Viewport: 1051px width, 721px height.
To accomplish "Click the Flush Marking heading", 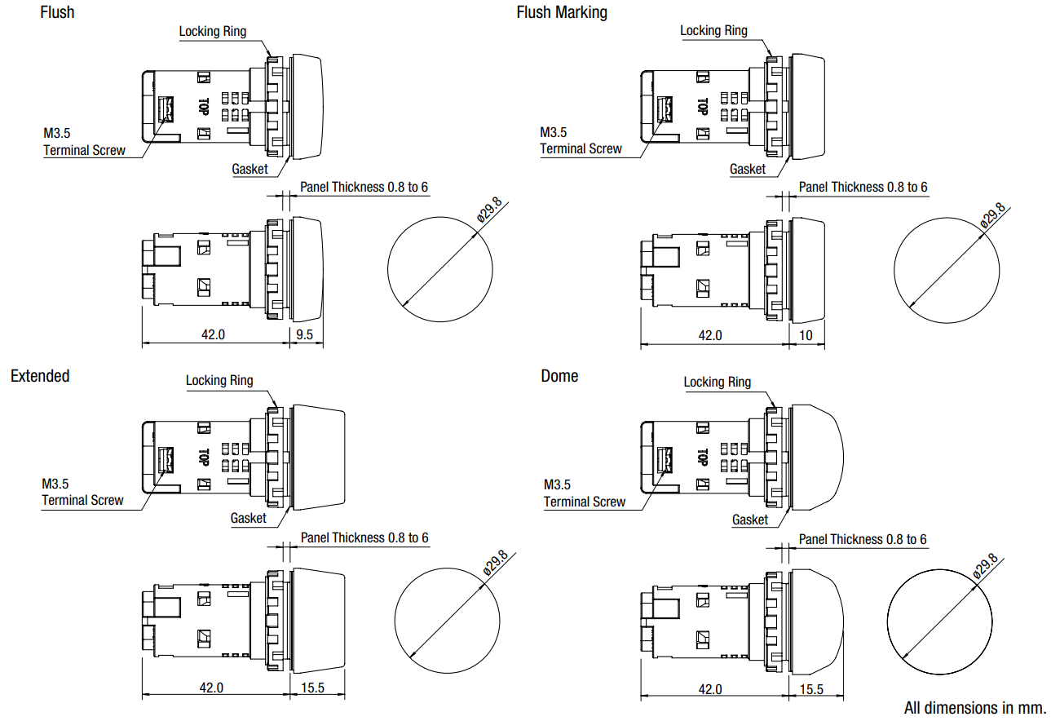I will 562,12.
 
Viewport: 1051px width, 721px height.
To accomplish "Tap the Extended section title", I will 40,376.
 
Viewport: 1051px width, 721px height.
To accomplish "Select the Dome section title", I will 559,376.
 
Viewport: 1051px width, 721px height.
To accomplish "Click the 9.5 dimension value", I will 305,334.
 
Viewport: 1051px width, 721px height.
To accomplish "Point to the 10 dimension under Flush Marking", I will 806,335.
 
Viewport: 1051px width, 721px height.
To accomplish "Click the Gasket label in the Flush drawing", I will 250,169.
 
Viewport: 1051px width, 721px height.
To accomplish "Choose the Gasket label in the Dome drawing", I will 749,520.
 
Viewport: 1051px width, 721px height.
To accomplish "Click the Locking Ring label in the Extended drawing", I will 219,380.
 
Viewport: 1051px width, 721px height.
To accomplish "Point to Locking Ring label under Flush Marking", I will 713,30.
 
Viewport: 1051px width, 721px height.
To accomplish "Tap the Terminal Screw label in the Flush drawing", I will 84,150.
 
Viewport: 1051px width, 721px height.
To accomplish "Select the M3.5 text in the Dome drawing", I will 557,484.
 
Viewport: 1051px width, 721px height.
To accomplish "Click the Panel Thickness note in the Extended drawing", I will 364,537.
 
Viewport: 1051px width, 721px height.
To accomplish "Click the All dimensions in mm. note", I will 974,708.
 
